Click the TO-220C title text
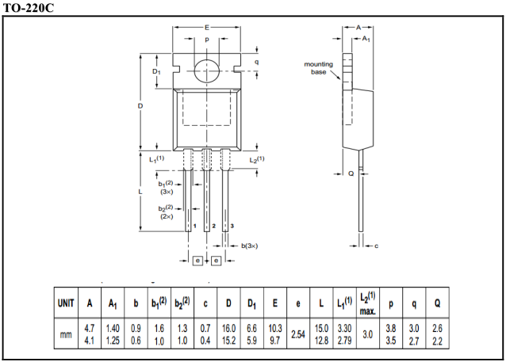29,7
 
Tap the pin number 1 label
194,226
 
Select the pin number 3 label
232,226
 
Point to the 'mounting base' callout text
318,68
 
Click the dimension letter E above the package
207,27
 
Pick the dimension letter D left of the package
140,105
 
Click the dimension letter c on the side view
376,246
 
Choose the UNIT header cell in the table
66,303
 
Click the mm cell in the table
66,335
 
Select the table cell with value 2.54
297,335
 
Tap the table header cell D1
251,303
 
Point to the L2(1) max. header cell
367,302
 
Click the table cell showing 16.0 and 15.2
228,335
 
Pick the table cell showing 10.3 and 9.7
274,335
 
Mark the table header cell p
390,303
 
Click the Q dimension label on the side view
351,173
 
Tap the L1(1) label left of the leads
156,159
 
